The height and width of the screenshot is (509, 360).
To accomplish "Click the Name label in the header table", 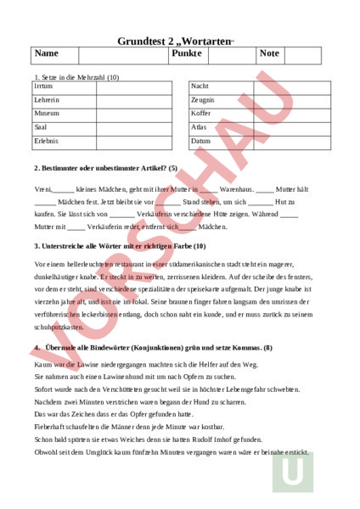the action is click(47, 53).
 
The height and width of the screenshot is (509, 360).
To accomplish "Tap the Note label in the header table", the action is click(269, 53).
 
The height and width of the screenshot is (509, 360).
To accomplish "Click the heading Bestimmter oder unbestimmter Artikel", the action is click(105, 168).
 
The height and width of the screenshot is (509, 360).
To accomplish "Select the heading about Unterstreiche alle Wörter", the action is click(119, 246).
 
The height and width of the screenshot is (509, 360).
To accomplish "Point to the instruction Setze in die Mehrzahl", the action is click(77, 77).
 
